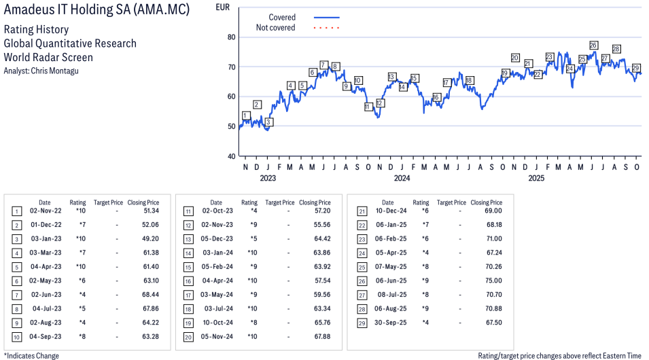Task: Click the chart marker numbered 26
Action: coord(593,46)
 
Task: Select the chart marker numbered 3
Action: coord(268,122)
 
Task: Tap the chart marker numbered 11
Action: coord(368,107)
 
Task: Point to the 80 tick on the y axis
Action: coord(231,37)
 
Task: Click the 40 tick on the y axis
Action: coord(231,156)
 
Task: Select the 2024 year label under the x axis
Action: coord(402,179)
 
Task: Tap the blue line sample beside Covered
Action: coord(326,18)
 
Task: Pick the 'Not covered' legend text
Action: coord(275,28)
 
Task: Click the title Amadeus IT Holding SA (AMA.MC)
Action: coord(97,10)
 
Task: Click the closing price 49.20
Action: coord(150,239)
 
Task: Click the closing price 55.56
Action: coord(322,224)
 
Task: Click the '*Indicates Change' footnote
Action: coord(31,355)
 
